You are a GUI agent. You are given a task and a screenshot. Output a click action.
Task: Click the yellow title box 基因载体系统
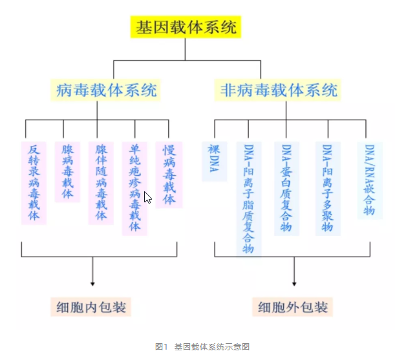pyautogui.click(x=187, y=28)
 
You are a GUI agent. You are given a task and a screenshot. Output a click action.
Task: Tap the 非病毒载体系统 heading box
pyautogui.click(x=277, y=89)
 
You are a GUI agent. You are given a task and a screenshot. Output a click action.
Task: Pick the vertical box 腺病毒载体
pyautogui.click(x=67, y=172)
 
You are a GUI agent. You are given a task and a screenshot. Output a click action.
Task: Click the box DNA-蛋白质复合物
pyautogui.click(x=286, y=188)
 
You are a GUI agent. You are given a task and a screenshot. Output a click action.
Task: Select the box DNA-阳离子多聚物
pyautogui.click(x=327, y=188)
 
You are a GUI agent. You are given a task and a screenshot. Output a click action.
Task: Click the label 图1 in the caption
pyautogui.click(x=162, y=347)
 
